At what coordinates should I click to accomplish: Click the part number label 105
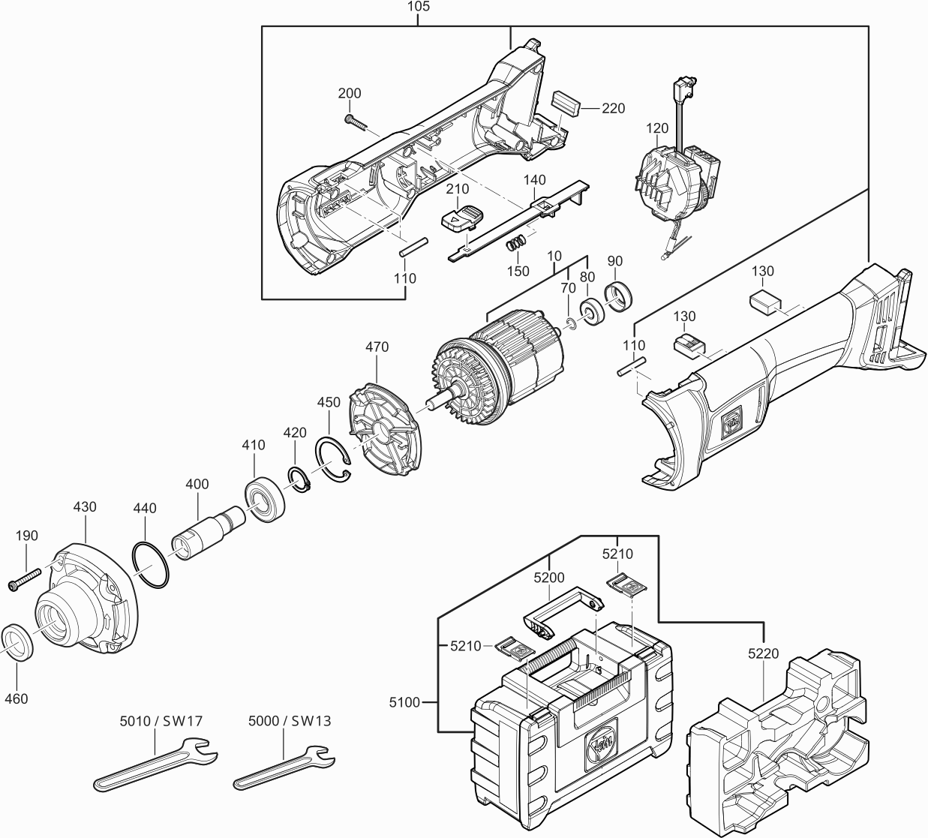(419, 7)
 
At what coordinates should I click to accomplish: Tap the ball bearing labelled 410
(265, 500)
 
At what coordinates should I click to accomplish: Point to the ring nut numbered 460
(17, 641)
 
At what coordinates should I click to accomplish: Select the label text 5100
(404, 702)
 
